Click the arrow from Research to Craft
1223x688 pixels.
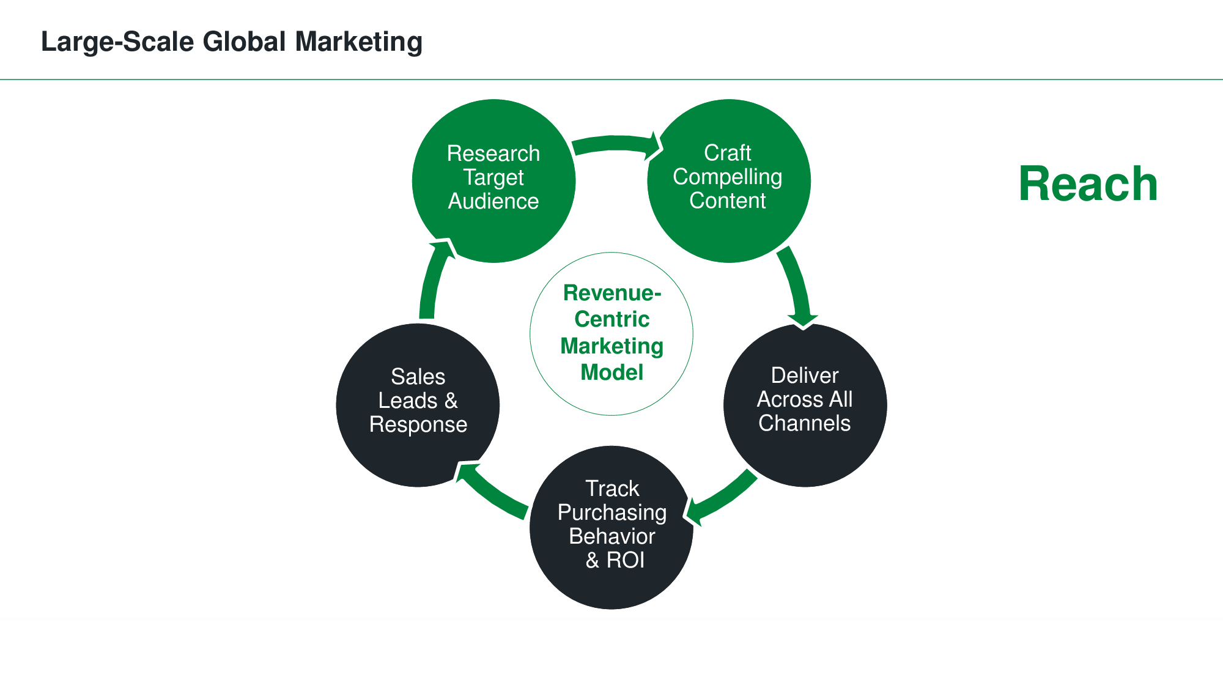(x=615, y=144)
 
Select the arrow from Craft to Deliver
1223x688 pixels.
(x=796, y=284)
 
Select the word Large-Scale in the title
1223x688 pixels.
(x=117, y=42)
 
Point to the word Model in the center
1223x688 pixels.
(x=611, y=372)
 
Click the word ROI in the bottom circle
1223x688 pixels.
(x=625, y=560)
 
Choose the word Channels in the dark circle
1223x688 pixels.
(x=804, y=423)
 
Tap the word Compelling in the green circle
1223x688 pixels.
(x=727, y=177)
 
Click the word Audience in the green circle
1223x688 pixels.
(x=493, y=201)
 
